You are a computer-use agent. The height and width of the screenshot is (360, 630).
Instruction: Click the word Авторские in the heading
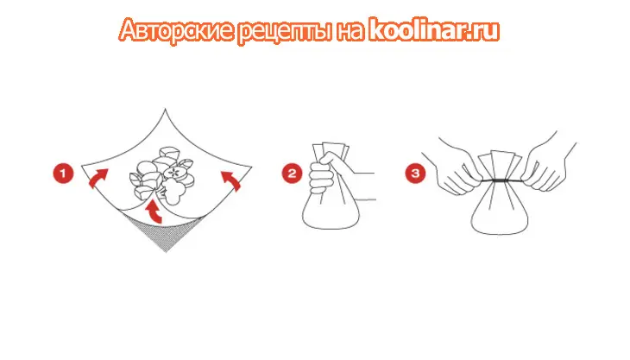pyautogui.click(x=177, y=30)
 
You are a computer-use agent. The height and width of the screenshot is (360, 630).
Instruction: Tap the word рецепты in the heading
pyautogui.click(x=285, y=31)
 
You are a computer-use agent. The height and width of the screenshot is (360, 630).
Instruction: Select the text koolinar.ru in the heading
pyautogui.click(x=434, y=29)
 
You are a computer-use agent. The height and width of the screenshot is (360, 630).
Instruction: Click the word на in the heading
pyautogui.click(x=350, y=31)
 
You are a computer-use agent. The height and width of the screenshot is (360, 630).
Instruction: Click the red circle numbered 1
pyautogui.click(x=63, y=174)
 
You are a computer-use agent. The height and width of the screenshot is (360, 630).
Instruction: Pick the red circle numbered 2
pyautogui.click(x=292, y=174)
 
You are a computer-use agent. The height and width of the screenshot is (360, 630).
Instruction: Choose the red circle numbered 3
pyautogui.click(x=415, y=174)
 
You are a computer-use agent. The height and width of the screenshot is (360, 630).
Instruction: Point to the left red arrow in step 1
pyautogui.click(x=98, y=178)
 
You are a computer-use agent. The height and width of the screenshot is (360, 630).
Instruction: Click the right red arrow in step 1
pyautogui.click(x=232, y=180)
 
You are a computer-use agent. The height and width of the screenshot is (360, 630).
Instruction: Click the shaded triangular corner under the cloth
pyautogui.click(x=166, y=233)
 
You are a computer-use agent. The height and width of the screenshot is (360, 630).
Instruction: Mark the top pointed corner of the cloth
pyautogui.click(x=165, y=109)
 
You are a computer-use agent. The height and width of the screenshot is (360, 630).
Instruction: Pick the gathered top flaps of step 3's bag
pyautogui.click(x=500, y=165)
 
